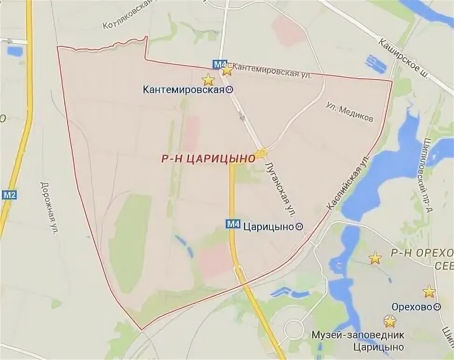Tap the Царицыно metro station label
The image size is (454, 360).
coord(269,227)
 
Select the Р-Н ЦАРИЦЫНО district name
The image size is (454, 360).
coord(208,159)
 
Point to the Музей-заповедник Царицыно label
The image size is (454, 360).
coord(358,341)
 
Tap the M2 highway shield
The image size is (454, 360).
coord(9,194)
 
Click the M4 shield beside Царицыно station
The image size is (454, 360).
coord(233,224)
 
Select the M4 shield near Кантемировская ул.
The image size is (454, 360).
coord(219,64)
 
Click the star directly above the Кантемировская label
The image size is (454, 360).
coord(208,79)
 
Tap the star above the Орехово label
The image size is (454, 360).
coord(429,292)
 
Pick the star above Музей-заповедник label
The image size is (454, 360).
coord(390,321)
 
